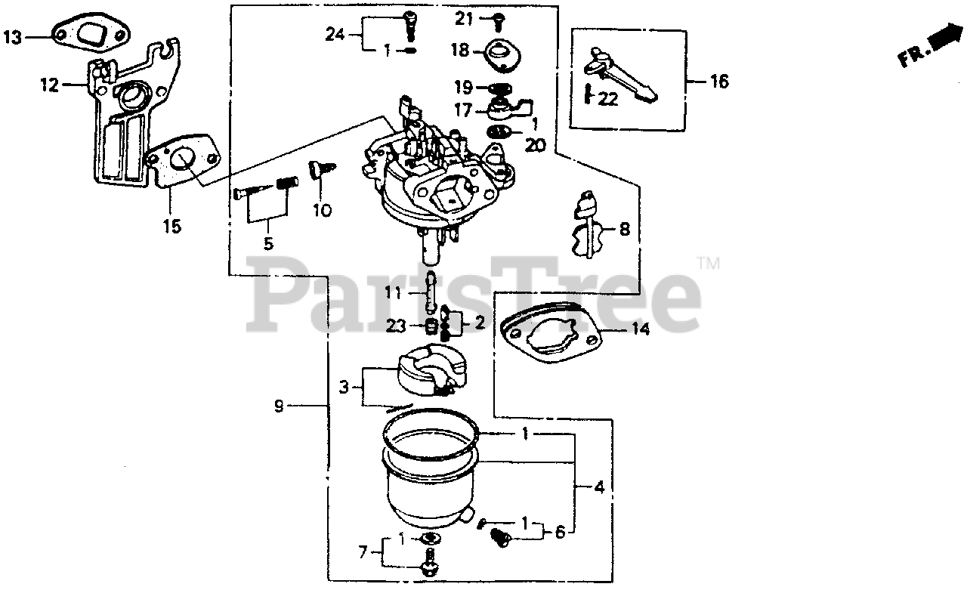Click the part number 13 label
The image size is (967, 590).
[14, 36]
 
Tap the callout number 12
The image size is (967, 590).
[49, 85]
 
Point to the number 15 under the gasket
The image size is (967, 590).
[172, 226]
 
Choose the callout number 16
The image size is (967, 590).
[719, 82]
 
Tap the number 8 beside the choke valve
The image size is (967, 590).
[624, 229]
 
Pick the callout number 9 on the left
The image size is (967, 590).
[279, 406]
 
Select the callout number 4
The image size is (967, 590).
[599, 487]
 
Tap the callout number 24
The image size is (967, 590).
[335, 33]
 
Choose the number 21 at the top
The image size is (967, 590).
[463, 17]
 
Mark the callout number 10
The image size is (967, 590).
[322, 211]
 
